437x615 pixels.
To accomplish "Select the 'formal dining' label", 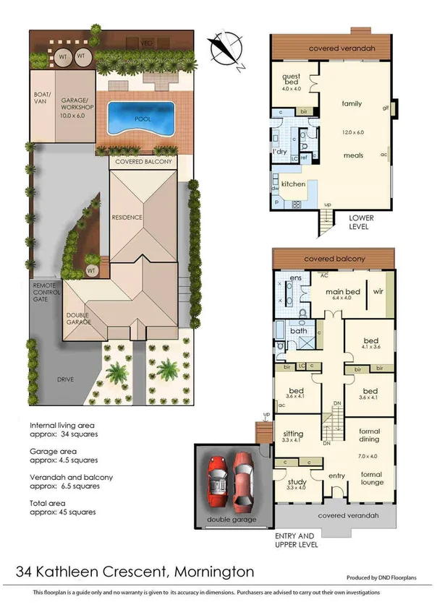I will (374, 436).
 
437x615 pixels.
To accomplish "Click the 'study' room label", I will (297, 483).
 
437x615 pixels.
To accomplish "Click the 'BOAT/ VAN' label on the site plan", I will (41, 98).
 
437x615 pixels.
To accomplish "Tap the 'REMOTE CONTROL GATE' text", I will (45, 291).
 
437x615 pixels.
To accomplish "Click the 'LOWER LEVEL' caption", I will (359, 221).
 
